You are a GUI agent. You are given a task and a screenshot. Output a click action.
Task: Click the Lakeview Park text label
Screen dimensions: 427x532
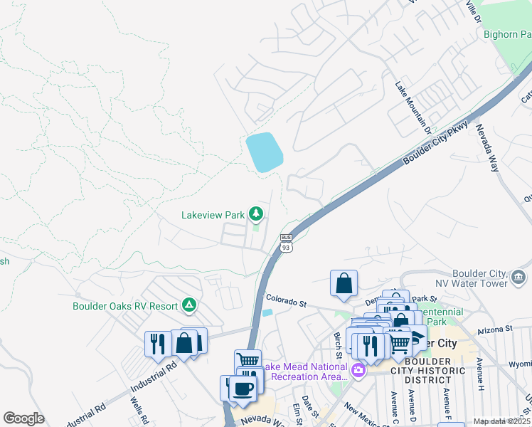point(212,213)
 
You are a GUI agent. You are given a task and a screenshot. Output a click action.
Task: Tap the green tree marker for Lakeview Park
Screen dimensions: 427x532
point(255,213)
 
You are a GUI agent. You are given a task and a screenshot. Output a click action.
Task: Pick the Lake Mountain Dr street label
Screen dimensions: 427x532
point(413,107)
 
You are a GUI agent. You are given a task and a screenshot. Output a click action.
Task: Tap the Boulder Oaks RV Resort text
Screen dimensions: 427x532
point(125,306)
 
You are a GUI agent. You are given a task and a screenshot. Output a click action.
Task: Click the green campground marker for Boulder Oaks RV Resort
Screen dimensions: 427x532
point(188,306)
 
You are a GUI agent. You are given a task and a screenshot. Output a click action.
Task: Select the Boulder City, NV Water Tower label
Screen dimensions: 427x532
point(480,278)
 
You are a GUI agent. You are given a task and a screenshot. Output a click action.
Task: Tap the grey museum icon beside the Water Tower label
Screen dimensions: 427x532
point(518,276)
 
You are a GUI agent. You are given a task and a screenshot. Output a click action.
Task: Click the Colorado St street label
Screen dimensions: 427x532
point(285,301)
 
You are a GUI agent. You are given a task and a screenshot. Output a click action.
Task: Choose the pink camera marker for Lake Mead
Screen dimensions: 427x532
point(358,370)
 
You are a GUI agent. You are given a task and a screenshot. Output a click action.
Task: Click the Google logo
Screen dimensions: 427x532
point(23,418)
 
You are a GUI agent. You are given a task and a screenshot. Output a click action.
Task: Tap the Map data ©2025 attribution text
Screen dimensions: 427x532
point(502,421)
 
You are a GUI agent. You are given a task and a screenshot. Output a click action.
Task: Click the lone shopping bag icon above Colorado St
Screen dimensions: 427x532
point(344,284)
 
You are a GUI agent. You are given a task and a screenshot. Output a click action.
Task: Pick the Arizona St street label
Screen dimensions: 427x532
point(494,330)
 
